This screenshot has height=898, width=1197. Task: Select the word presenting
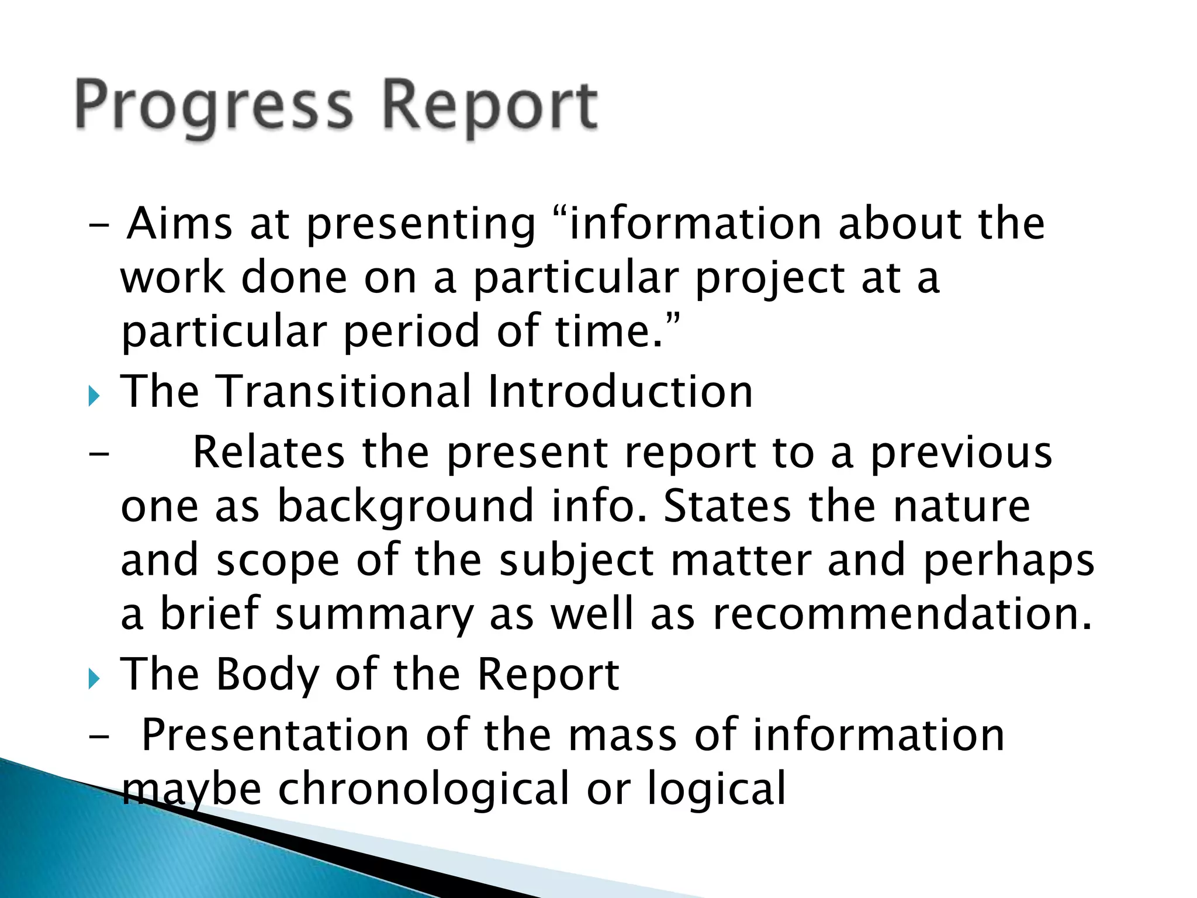pyautogui.click(x=421, y=225)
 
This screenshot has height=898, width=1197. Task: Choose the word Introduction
pyautogui.click(x=620, y=391)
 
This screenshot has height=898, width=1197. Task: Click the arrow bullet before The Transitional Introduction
pyautogui.click(x=94, y=397)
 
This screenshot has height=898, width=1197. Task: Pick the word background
pyautogui.click(x=406, y=507)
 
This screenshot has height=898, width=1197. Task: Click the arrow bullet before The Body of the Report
pyautogui.click(x=94, y=679)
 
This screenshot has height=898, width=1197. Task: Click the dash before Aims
pyautogui.click(x=99, y=225)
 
